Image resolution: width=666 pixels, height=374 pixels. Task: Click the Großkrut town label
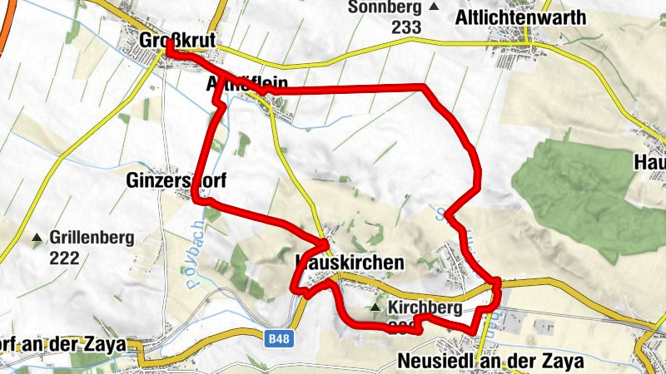(x=178, y=40)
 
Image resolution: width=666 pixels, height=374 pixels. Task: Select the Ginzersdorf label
(x=177, y=179)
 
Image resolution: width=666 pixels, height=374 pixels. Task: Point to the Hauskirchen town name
(x=350, y=263)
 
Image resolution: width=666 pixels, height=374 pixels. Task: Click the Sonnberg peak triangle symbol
(x=433, y=7)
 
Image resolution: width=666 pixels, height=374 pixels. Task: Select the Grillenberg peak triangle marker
(x=37, y=239)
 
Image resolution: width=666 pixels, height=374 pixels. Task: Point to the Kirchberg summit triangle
(x=375, y=308)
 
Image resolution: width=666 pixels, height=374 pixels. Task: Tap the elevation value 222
(x=63, y=258)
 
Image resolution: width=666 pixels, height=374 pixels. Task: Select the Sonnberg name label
(x=386, y=7)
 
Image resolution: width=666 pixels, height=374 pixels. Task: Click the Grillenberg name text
(x=92, y=239)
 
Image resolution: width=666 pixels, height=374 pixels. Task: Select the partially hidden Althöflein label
(x=246, y=84)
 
